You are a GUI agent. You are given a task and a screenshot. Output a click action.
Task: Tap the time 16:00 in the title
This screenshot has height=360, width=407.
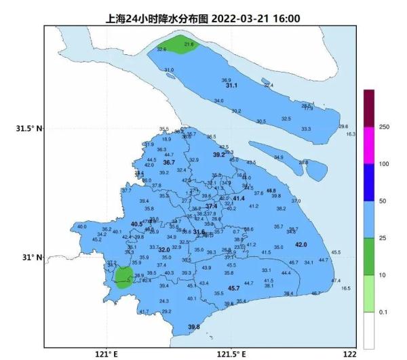286,18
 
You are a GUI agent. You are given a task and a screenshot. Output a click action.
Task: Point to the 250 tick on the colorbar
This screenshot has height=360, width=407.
384,127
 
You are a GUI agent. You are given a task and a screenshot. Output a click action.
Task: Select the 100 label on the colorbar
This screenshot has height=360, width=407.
384,164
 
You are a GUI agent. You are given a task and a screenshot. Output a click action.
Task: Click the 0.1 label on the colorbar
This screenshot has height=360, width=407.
383,312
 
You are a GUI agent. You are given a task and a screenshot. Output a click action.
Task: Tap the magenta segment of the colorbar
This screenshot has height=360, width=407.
369,145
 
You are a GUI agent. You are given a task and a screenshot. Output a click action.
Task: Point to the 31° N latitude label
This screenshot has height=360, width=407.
33,258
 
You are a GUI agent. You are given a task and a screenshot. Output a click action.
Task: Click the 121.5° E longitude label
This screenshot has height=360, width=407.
231,354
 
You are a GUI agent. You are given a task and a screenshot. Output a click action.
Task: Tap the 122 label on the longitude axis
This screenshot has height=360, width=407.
349,354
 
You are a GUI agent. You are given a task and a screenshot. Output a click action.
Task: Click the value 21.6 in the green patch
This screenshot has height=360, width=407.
189,44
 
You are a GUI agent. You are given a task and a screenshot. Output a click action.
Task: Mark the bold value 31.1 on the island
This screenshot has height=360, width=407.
231,86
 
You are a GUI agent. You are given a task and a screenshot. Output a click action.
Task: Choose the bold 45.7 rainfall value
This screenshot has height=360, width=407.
233,289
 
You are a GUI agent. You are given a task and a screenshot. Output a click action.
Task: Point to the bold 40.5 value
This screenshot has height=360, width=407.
137,224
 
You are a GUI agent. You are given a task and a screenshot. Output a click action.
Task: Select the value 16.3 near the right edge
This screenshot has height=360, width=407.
350,134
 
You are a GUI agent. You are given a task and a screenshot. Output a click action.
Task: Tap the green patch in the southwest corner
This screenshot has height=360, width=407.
123,277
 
